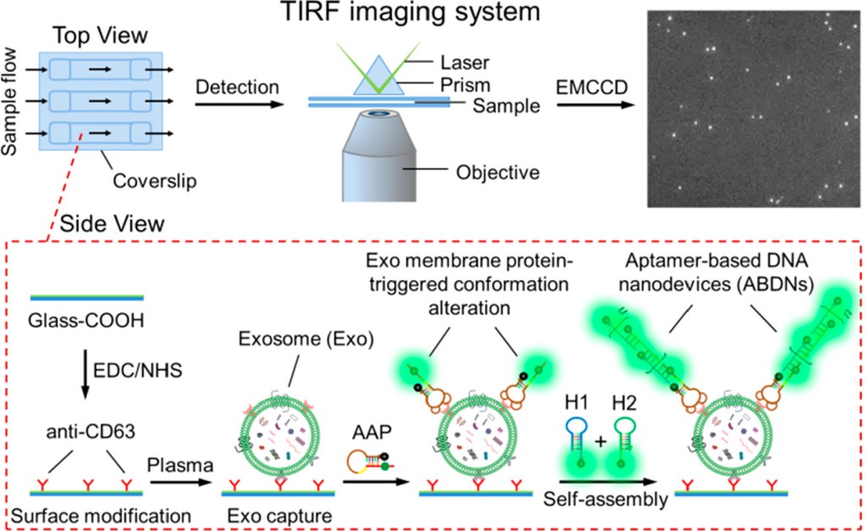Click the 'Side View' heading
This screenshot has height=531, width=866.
pos(106,223)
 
